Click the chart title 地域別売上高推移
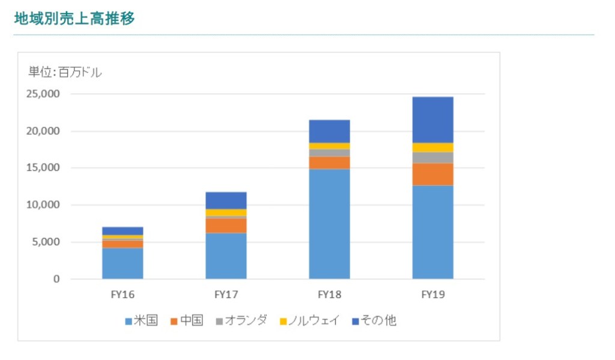point(74,19)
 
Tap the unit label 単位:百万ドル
point(65,73)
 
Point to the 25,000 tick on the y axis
point(43,94)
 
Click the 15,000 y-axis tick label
point(43,168)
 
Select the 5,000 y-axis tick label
point(45,242)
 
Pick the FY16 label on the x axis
point(123,295)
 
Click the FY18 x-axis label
point(329,295)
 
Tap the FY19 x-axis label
point(432,295)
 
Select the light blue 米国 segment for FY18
point(329,224)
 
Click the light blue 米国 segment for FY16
point(123,263)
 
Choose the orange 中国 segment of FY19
point(432,174)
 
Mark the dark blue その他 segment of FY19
point(432,120)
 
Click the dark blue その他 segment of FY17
point(226,200)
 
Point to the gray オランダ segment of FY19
point(432,157)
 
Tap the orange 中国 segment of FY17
point(226,225)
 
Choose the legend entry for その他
point(375,320)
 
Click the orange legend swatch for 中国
point(174,321)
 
